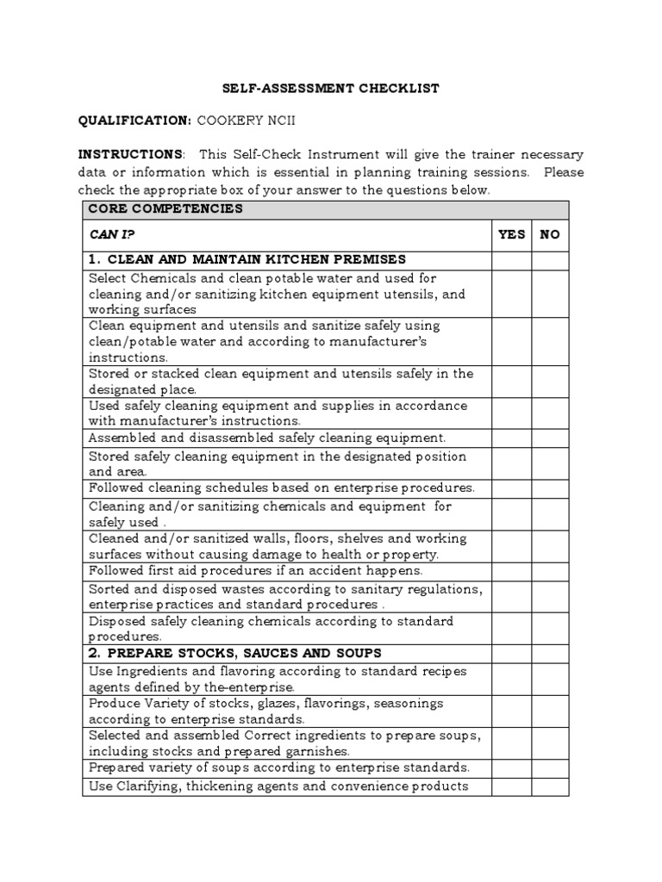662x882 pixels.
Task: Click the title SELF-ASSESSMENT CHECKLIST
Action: point(332,89)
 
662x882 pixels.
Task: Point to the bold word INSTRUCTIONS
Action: point(130,154)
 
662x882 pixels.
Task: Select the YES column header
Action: point(511,234)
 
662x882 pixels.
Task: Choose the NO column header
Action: point(549,234)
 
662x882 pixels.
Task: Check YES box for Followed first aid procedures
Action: point(511,571)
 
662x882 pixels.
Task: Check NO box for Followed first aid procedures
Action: point(549,571)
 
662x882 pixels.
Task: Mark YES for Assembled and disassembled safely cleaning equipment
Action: point(511,438)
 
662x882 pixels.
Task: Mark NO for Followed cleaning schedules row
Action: point(549,488)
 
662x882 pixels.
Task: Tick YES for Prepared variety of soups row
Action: point(511,767)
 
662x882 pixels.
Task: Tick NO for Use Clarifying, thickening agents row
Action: point(549,786)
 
